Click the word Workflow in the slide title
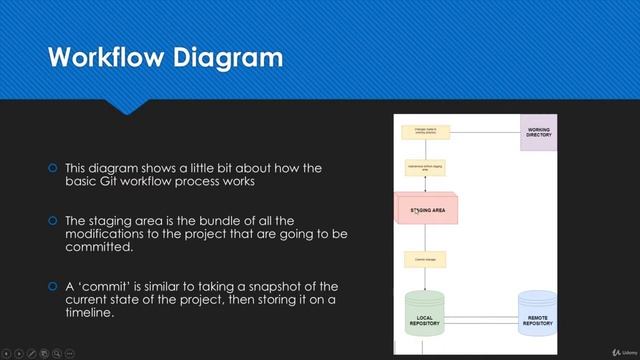coord(99,57)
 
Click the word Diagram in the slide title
coord(226,57)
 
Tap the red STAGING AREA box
coord(427,210)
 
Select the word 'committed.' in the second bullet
coord(99,246)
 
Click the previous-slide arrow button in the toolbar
coord(8,352)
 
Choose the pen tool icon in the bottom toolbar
coord(33,352)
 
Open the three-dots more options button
coord(70,352)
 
